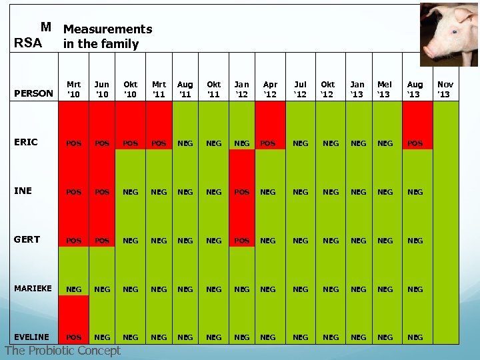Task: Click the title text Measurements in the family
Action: tap(107, 37)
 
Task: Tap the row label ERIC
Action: tap(26, 142)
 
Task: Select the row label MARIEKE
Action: tap(33, 289)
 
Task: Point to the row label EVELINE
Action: tap(31, 337)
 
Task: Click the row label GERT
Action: tap(27, 239)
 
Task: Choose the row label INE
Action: tap(23, 191)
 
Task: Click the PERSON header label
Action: tap(33, 93)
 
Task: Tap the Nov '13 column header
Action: tap(445, 89)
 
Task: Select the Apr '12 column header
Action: tap(270, 89)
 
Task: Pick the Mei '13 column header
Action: tap(385, 89)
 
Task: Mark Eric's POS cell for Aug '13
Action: tap(415, 143)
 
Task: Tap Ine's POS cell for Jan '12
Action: tap(241, 192)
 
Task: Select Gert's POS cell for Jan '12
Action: tap(241, 241)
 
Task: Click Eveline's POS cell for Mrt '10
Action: tap(74, 337)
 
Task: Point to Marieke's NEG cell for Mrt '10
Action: tap(74, 289)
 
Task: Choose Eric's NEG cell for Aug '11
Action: tap(185, 143)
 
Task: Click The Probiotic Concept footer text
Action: tap(63, 351)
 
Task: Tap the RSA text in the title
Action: tap(28, 44)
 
